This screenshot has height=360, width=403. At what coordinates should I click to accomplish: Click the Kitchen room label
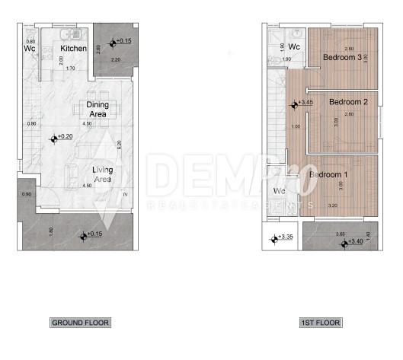pyautogui.click(x=74, y=48)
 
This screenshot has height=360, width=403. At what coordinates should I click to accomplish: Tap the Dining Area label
pyautogui.click(x=97, y=109)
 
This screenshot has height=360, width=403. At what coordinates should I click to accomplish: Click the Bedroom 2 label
pyautogui.click(x=349, y=101)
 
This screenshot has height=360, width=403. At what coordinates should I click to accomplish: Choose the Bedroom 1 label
pyautogui.click(x=328, y=175)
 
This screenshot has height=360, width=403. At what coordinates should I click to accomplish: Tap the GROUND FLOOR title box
pyautogui.click(x=80, y=323)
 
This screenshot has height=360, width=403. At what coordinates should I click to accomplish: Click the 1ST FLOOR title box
pyautogui.click(x=319, y=323)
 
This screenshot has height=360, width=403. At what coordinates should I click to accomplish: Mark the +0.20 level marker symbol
pyautogui.click(x=54, y=139)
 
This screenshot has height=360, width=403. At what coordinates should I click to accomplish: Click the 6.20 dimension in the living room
pyautogui.click(x=119, y=144)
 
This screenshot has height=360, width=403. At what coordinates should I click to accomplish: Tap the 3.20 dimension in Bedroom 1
pyautogui.click(x=331, y=205)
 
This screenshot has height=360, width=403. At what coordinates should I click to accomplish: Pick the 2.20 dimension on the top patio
pyautogui.click(x=116, y=59)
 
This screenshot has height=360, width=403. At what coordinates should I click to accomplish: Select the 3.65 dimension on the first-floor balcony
pyautogui.click(x=340, y=234)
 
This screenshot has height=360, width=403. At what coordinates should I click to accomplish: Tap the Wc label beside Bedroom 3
pyautogui.click(x=294, y=47)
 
